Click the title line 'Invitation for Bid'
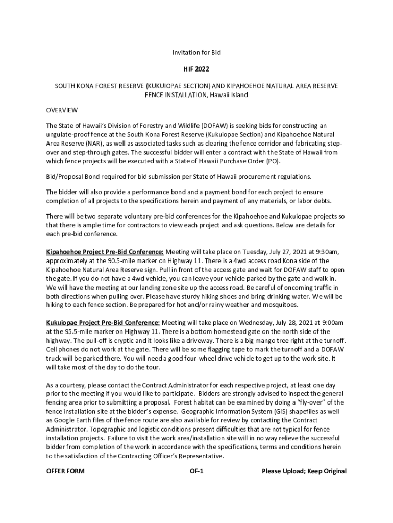coord(196,52)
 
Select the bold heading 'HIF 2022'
coord(196,68)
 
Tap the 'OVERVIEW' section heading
coord(62,110)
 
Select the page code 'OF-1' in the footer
coord(196,471)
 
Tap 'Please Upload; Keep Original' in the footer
coord(304,471)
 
